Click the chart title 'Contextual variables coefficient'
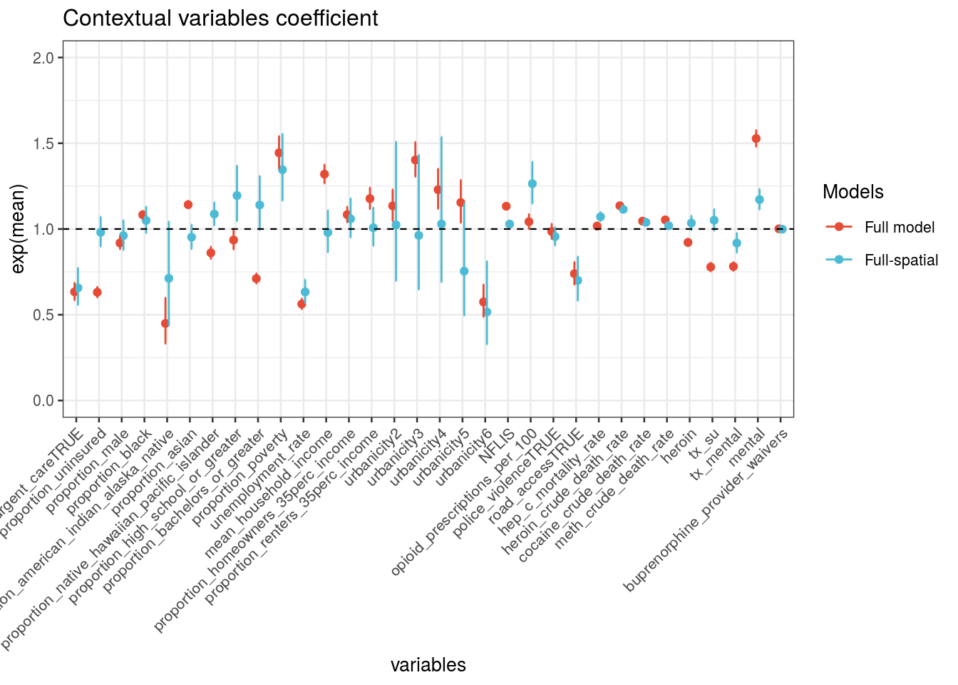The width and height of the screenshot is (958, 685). [220, 19]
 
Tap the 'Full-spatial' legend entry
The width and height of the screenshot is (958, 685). [901, 260]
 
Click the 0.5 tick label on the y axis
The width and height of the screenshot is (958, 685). [43, 315]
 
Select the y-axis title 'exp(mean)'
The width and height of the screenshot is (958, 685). [19, 228]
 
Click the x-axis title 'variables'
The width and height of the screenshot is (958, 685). [428, 665]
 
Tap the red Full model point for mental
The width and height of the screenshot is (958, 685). [756, 138]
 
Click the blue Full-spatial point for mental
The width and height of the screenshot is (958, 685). [760, 200]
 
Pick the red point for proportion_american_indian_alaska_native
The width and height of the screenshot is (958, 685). [165, 323]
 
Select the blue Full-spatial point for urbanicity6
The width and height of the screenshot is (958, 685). [487, 312]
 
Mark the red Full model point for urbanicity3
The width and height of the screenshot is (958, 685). [415, 160]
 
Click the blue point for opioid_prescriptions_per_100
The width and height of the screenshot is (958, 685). [532, 183]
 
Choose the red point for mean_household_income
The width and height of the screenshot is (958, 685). [324, 174]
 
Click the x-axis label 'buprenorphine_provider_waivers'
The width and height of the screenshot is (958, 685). [706, 510]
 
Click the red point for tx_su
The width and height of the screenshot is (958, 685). [711, 267]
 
